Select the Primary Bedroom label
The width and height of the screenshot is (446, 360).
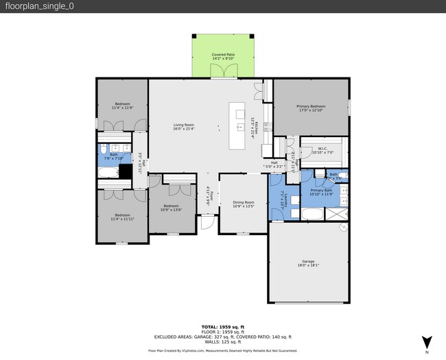[x=311, y=106]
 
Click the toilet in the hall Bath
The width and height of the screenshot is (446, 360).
[x=102, y=149]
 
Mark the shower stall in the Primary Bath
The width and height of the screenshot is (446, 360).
[x=336, y=214]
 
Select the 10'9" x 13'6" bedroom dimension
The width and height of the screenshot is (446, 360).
[x=169, y=210]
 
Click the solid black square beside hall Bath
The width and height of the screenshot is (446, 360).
[x=126, y=171]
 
